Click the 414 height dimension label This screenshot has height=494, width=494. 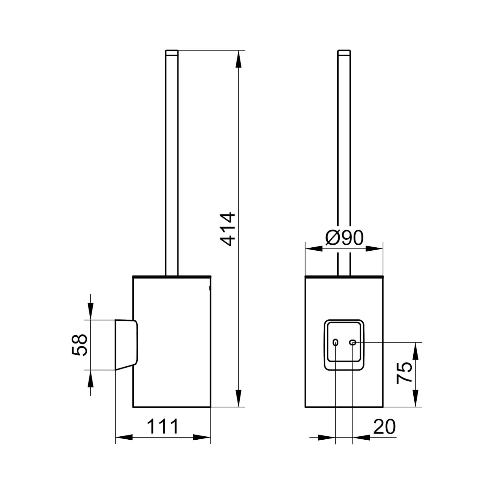click(x=228, y=229)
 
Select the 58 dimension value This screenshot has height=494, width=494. click(x=79, y=345)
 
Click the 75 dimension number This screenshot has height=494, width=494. click(x=404, y=372)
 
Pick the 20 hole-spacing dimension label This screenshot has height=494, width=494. click(x=384, y=427)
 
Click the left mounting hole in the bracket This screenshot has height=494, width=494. click(x=335, y=343)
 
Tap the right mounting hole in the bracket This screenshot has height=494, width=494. click(x=353, y=343)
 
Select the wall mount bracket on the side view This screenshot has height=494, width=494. click(x=126, y=344)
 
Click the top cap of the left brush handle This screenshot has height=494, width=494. click(x=171, y=53)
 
